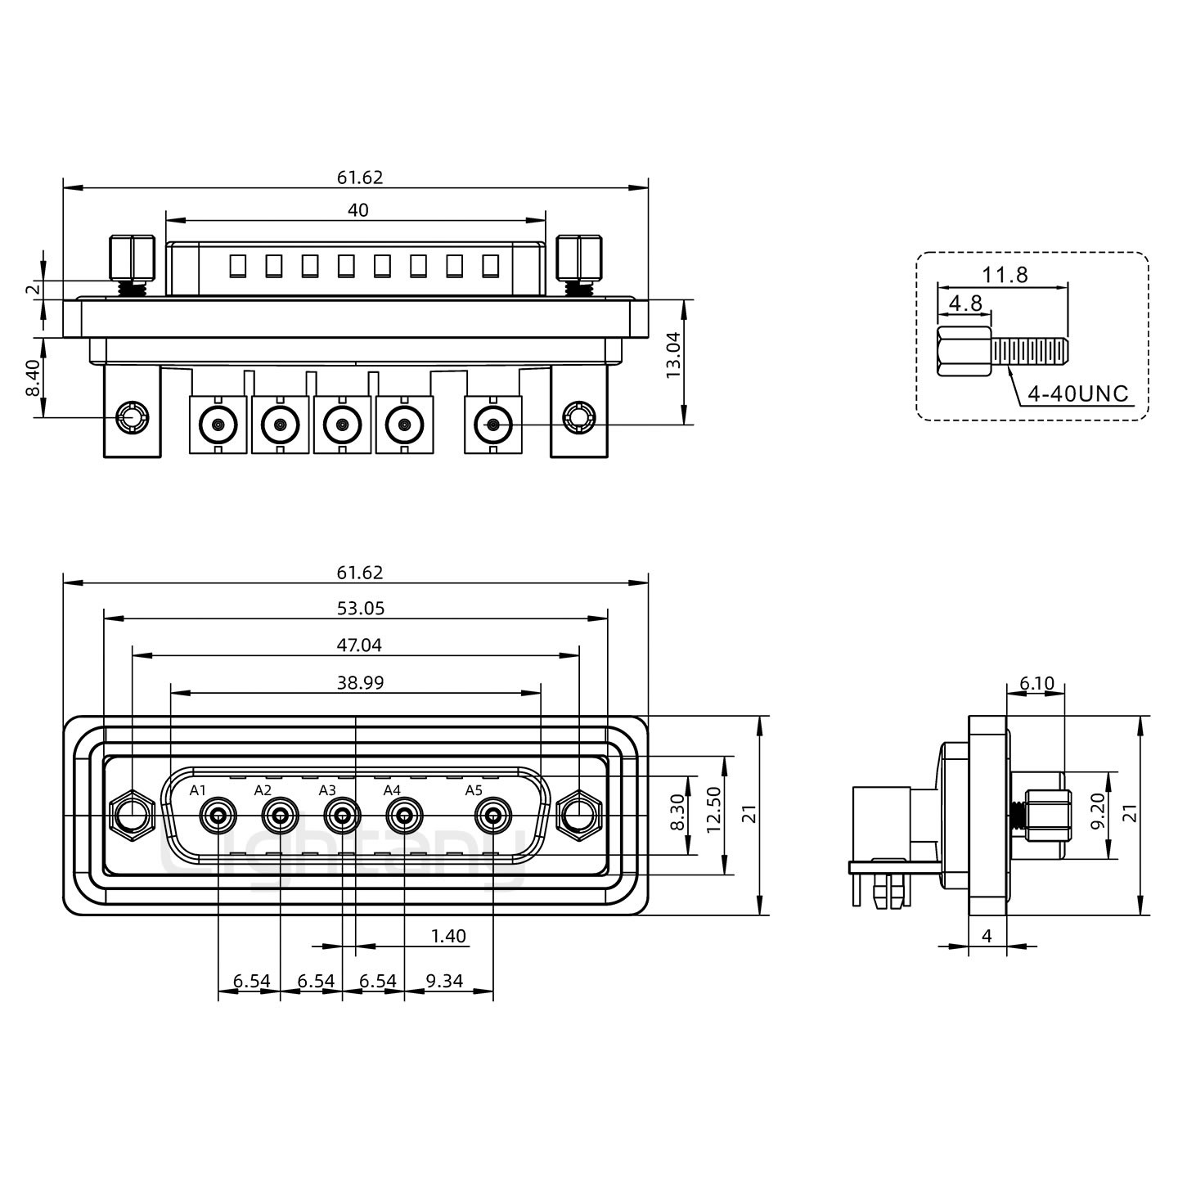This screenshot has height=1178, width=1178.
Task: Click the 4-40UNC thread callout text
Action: pos(1077,394)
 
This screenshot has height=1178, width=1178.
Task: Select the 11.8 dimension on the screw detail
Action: pos(1005,275)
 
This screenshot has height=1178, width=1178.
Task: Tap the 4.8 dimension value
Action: pos(964,303)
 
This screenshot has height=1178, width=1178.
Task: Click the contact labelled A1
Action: pos(218,816)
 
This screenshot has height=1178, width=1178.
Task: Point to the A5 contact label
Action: pos(474,790)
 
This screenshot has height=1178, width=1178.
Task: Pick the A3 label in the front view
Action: pos(327,790)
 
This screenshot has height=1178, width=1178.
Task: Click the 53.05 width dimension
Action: pos(360,608)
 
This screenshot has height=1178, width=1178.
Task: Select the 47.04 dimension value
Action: pos(359,645)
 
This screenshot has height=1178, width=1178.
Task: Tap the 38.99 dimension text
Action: pos(360,682)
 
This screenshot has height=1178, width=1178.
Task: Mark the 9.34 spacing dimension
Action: pos(445,980)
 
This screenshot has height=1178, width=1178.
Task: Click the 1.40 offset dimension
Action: pos(448,936)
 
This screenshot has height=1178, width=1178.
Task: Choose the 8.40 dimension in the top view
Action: pos(33,379)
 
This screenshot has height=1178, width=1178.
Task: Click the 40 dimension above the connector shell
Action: pos(358,210)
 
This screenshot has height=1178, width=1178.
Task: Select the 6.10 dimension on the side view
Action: pos(1036,683)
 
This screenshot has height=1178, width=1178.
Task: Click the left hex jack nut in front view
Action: pos(131,816)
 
